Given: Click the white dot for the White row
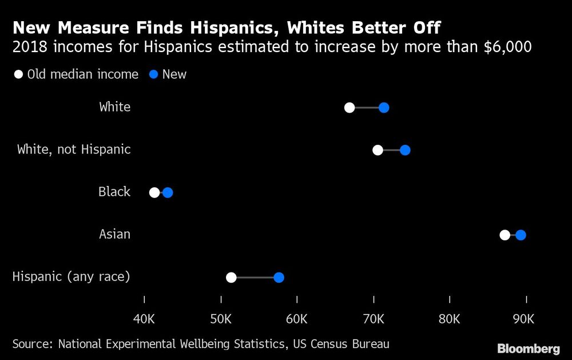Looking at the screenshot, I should tap(349, 108).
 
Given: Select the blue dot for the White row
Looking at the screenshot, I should tap(384, 108).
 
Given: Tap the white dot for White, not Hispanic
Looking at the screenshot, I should tap(378, 150).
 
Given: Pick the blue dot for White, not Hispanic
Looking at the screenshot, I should tap(405, 150).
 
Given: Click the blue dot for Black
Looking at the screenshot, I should tap(168, 192).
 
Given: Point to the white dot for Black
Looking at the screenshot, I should tap(154, 192).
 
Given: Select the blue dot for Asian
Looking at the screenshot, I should tap(521, 235).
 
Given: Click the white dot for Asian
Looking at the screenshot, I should tap(505, 235).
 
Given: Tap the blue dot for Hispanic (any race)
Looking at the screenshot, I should tap(279, 278).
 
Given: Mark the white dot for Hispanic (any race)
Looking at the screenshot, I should tap(231, 278).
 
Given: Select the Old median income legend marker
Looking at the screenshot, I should tap(19, 74).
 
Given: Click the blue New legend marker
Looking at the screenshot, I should tap(154, 74).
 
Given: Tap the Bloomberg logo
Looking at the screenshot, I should tap(528, 348).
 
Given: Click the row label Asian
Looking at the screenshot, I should tap(114, 234).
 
